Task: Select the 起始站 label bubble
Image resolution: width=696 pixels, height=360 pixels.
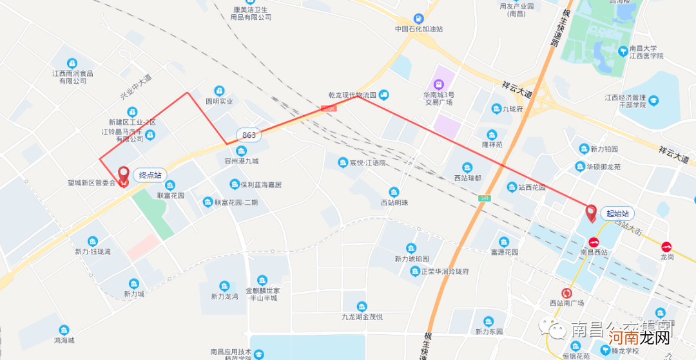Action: click(x=617, y=213)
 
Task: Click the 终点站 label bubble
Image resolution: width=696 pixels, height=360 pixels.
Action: click(x=150, y=175)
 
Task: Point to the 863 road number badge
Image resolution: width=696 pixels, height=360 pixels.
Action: click(x=249, y=135)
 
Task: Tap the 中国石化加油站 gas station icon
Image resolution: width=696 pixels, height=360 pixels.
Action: click(x=419, y=19)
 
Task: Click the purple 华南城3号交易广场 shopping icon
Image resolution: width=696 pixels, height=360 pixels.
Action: click(x=438, y=84)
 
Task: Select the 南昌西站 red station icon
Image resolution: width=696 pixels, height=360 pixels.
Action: click(x=594, y=242)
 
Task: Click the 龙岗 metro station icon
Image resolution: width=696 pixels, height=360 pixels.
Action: click(x=666, y=246)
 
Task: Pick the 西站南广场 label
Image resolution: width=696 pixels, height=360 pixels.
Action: click(x=566, y=303)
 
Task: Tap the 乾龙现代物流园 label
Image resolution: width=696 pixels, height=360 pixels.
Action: click(x=352, y=95)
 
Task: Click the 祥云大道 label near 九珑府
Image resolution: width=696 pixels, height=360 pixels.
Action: click(x=517, y=90)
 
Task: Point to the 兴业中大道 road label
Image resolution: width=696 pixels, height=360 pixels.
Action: click(x=135, y=87)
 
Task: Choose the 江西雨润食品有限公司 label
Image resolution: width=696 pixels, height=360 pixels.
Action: click(x=73, y=77)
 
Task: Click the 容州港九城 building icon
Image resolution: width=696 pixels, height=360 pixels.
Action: click(x=242, y=151)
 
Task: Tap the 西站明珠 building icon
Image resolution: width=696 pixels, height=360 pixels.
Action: click(x=394, y=192)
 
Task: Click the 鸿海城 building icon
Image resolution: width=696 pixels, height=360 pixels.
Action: click(x=64, y=330)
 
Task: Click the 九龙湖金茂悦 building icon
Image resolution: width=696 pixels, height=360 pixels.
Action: click(x=362, y=306)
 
